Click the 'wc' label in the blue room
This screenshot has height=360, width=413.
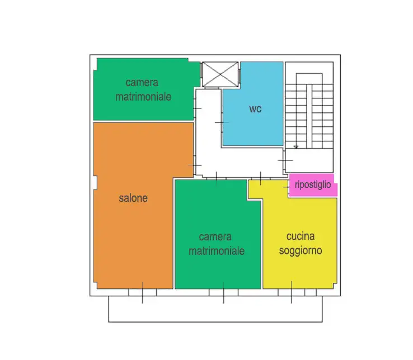coord(255,109)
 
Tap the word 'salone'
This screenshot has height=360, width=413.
coord(133,198)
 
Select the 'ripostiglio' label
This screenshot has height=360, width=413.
coord(313,184)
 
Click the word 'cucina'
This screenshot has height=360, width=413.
coord(301,237)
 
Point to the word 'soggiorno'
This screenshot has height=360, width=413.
coord(301,250)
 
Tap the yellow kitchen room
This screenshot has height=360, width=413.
coord(299,268)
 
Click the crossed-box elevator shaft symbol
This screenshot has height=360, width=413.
coord(220,74)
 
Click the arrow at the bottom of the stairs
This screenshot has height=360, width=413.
coord(295,147)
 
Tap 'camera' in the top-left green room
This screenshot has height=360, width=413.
coord(143,83)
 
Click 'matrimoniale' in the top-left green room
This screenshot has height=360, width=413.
coord(143,96)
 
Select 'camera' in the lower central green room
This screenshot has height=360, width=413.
coord(216,237)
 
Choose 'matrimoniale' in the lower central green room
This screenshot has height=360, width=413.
coord(217,250)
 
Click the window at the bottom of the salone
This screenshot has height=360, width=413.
coord(142,292)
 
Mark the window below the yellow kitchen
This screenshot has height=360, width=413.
coord(292,292)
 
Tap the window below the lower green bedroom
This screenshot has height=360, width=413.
coord(223,292)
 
